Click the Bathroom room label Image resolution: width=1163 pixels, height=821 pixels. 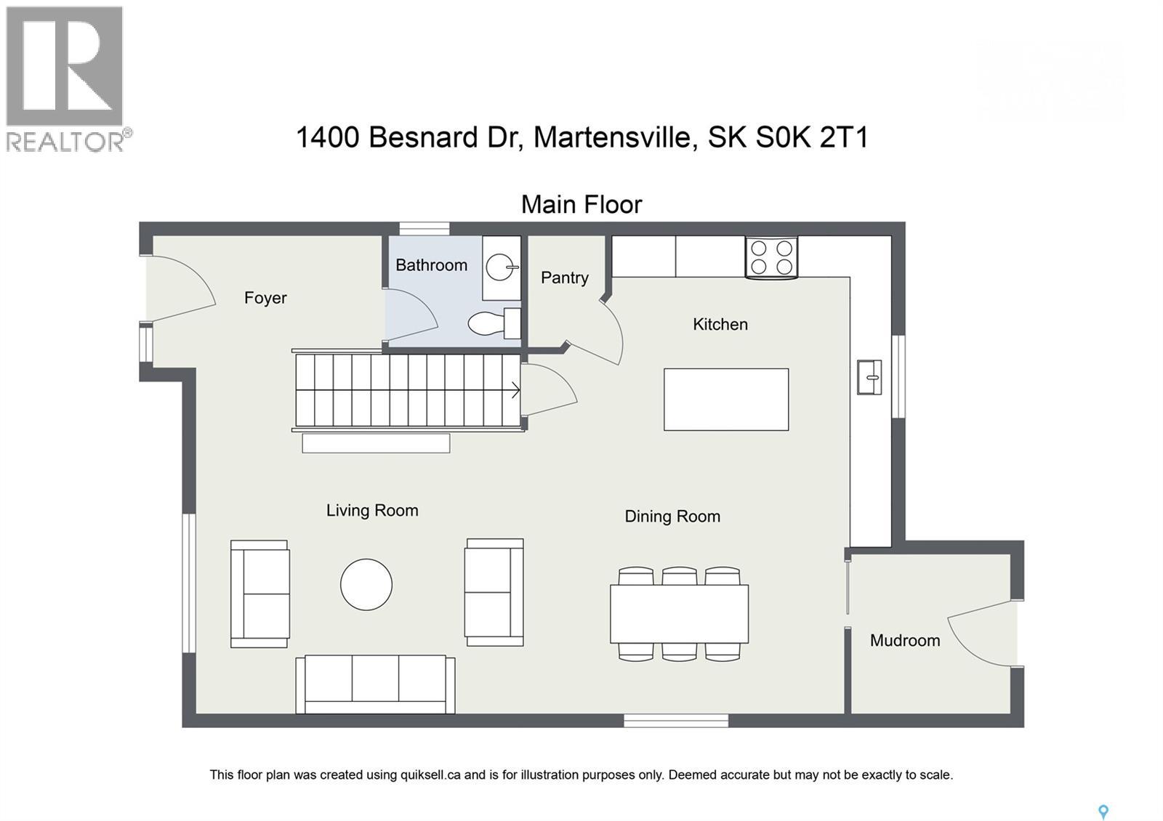[431, 265]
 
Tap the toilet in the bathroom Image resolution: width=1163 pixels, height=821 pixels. [491, 323]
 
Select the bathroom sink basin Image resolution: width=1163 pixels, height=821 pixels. [500, 267]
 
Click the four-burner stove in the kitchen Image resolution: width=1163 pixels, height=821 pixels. [771, 257]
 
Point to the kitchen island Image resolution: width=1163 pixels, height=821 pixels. [725, 399]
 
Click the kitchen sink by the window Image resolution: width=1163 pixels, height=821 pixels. [869, 377]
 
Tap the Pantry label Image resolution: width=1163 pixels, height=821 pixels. [564, 278]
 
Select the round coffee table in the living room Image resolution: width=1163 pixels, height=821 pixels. [366, 584]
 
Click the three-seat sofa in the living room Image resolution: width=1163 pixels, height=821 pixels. [375, 684]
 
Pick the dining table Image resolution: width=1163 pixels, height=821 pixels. [679, 613]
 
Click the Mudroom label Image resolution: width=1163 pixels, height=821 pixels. [905, 640]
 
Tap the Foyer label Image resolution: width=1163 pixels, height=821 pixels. [265, 298]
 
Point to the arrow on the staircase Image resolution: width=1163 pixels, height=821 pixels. [515, 390]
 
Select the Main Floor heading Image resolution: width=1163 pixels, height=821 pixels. [581, 205]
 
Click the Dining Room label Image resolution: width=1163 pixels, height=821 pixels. [672, 517]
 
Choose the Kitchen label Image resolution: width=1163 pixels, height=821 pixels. [720, 324]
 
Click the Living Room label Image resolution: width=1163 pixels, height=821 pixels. [372, 511]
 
